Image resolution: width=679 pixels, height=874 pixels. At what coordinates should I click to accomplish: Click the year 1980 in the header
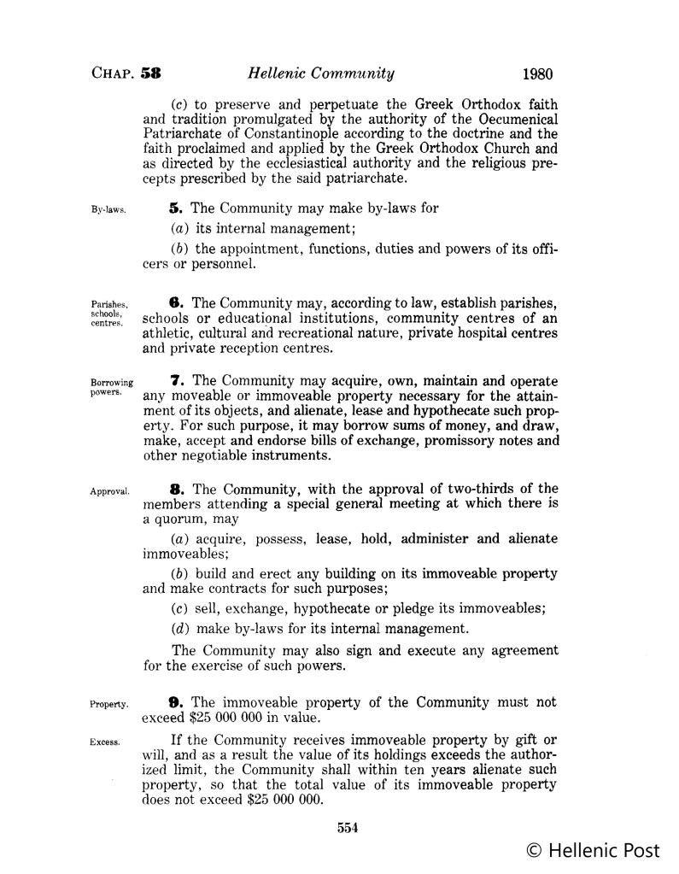point(536,73)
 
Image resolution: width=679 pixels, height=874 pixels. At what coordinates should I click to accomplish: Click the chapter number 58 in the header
point(152,73)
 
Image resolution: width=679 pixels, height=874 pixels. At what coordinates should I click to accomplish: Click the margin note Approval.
point(108,491)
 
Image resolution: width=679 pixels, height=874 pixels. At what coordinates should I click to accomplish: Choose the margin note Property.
point(108,705)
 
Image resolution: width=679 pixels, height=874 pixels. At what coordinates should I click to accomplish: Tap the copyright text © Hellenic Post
point(593,850)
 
